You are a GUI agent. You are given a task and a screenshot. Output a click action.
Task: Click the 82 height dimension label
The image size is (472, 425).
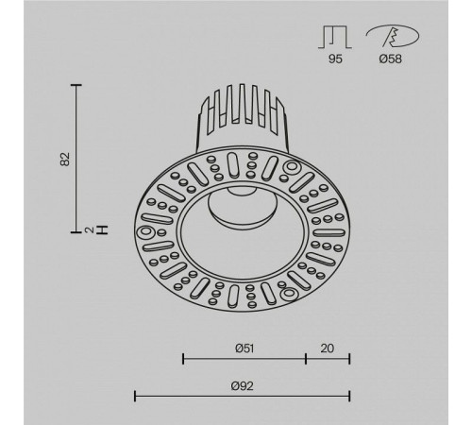(65, 159)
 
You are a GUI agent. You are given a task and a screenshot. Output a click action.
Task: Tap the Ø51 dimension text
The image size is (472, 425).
(244, 348)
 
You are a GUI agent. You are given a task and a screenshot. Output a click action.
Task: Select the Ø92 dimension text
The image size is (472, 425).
(242, 386)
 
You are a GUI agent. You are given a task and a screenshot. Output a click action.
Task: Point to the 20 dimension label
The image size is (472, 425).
(328, 348)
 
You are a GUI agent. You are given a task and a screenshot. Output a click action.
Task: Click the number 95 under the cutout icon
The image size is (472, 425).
(335, 59)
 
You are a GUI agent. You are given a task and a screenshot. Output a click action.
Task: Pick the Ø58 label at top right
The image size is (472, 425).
(391, 59)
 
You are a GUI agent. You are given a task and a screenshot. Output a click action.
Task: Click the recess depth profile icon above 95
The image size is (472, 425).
(334, 37)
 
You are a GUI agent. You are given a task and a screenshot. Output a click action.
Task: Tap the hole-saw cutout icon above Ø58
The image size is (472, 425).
(393, 36)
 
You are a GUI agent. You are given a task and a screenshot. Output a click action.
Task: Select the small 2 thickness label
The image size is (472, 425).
(90, 229)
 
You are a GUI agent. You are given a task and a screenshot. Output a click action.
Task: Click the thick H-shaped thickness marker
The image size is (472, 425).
(102, 229)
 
